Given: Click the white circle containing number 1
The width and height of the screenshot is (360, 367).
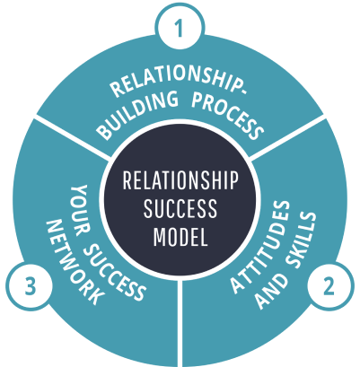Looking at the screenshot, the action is coord(180,28).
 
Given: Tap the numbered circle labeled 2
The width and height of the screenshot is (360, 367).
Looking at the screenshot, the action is coord(329,286).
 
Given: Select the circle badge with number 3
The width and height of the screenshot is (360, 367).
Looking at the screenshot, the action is coord(30,286).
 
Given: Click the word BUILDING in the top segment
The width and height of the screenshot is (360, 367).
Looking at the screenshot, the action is coord(138,115).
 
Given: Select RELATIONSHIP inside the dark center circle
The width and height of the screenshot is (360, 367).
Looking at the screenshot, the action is coord(180,180).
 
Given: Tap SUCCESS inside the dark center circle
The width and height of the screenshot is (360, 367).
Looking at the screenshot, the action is coord(180,208).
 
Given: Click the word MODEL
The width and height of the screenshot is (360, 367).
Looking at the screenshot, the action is coord(180,236).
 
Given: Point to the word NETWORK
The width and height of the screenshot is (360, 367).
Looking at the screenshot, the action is coord(75,263).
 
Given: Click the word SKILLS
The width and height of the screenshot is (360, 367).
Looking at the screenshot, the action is coord(299,240).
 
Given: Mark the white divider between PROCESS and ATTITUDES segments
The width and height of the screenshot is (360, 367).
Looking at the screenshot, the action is coord(287,137).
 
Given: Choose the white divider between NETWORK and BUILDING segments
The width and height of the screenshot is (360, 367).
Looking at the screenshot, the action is coord(72,137).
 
